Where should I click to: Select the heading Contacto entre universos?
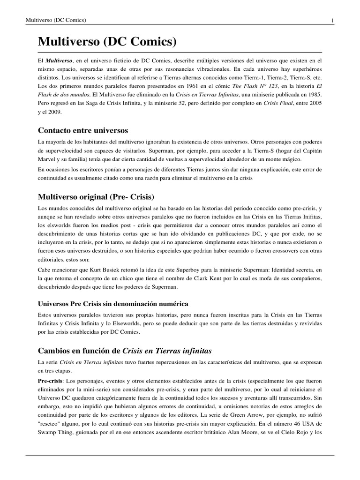point(83,130)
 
